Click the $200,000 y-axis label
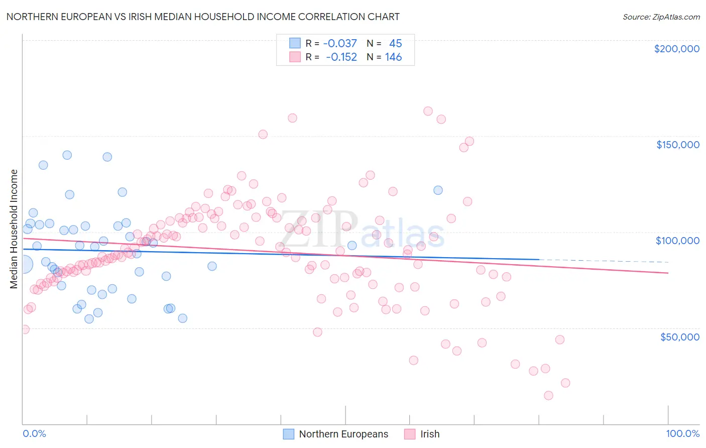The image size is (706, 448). [x=676, y=49]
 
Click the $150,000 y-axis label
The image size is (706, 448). [x=677, y=145]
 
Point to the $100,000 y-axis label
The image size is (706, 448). [x=677, y=241]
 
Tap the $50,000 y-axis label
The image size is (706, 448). [x=679, y=337]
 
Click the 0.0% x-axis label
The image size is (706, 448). [x=34, y=433]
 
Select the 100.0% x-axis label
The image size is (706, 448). [x=682, y=433]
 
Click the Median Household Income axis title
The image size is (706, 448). [x=14, y=229]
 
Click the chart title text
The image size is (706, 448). [x=203, y=17]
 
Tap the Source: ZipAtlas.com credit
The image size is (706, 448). [x=661, y=17]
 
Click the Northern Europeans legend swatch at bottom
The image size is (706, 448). [x=289, y=434]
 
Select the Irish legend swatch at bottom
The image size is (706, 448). [x=410, y=434]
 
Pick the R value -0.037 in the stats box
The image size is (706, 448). [x=340, y=44]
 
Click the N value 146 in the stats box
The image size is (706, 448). [x=393, y=57]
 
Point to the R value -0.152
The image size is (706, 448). [x=341, y=57]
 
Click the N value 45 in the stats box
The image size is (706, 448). [x=395, y=44]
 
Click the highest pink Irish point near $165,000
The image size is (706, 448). [x=428, y=111]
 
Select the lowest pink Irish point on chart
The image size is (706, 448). [x=548, y=395]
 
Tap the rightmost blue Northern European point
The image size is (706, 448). [x=438, y=190]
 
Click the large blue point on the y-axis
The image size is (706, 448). [x=24, y=264]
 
